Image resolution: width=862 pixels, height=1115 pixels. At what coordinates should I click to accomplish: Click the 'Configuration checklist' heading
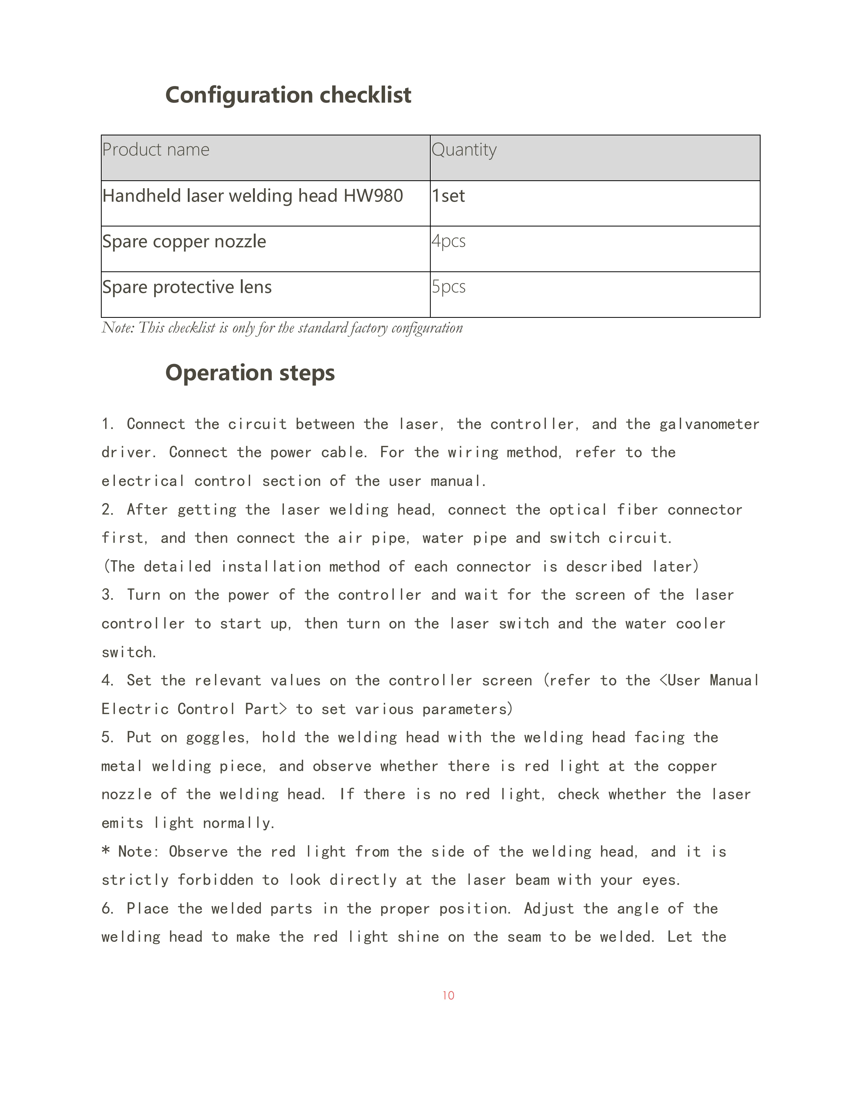click(288, 95)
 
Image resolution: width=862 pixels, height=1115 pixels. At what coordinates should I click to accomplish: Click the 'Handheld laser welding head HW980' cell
click(252, 196)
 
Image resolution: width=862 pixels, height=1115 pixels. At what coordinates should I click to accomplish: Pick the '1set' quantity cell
click(448, 196)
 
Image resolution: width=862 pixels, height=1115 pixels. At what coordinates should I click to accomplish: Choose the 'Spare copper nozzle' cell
click(184, 242)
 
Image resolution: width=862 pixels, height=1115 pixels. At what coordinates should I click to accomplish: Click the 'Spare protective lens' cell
click(187, 287)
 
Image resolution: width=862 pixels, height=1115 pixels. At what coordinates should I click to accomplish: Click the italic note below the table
click(282, 328)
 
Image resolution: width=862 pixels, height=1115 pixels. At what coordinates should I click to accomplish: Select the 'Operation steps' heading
click(250, 373)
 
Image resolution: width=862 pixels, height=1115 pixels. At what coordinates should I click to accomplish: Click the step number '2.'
click(107, 509)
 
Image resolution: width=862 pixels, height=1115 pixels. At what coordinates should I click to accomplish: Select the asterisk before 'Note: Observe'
click(106, 851)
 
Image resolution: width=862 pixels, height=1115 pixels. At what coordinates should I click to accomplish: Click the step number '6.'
click(107, 908)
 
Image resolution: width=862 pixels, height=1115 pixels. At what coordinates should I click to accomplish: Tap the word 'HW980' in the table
click(373, 196)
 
